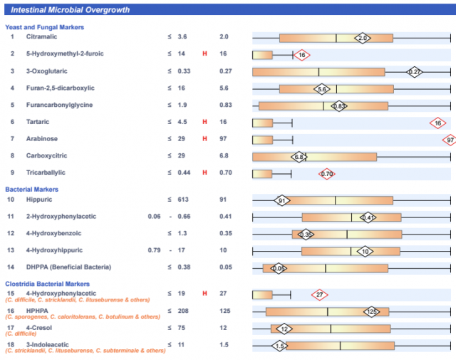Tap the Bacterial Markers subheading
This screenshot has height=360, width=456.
point(31,190)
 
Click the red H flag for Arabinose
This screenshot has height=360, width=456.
point(204,139)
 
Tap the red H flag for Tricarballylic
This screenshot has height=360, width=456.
point(204,173)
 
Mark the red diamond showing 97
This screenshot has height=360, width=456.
point(450,140)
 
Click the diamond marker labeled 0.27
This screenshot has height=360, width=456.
point(415,71)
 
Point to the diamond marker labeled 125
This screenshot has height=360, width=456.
point(371,312)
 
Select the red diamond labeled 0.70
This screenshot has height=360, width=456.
point(327,173)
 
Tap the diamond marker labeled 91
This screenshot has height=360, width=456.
point(282,201)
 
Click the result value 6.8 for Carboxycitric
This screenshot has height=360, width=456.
point(224,156)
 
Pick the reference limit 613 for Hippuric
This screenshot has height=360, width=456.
point(182,200)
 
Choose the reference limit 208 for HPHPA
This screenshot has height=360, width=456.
point(182,311)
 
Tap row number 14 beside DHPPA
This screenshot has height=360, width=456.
point(11,267)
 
